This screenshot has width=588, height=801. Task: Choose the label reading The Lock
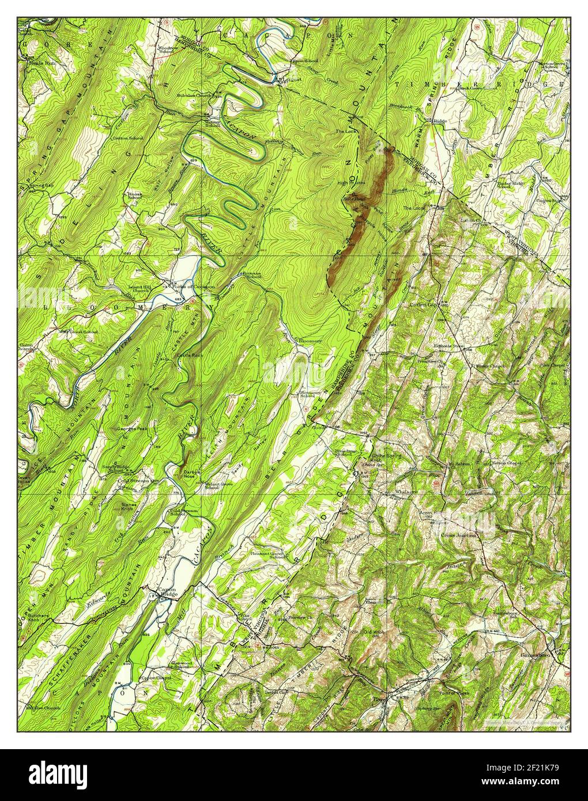(x=347, y=131)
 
